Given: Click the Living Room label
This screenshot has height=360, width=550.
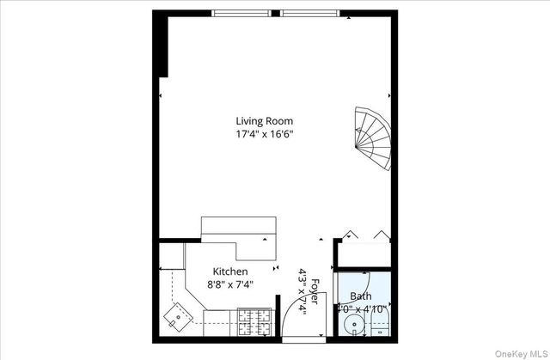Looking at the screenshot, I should click(271, 121).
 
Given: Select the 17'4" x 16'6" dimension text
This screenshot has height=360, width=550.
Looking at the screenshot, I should click(271, 134).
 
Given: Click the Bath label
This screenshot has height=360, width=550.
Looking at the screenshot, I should click(360, 296).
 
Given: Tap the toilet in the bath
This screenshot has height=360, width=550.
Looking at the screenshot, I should click(382, 324).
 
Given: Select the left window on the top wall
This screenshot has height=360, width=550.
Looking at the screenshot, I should click(245, 13).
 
